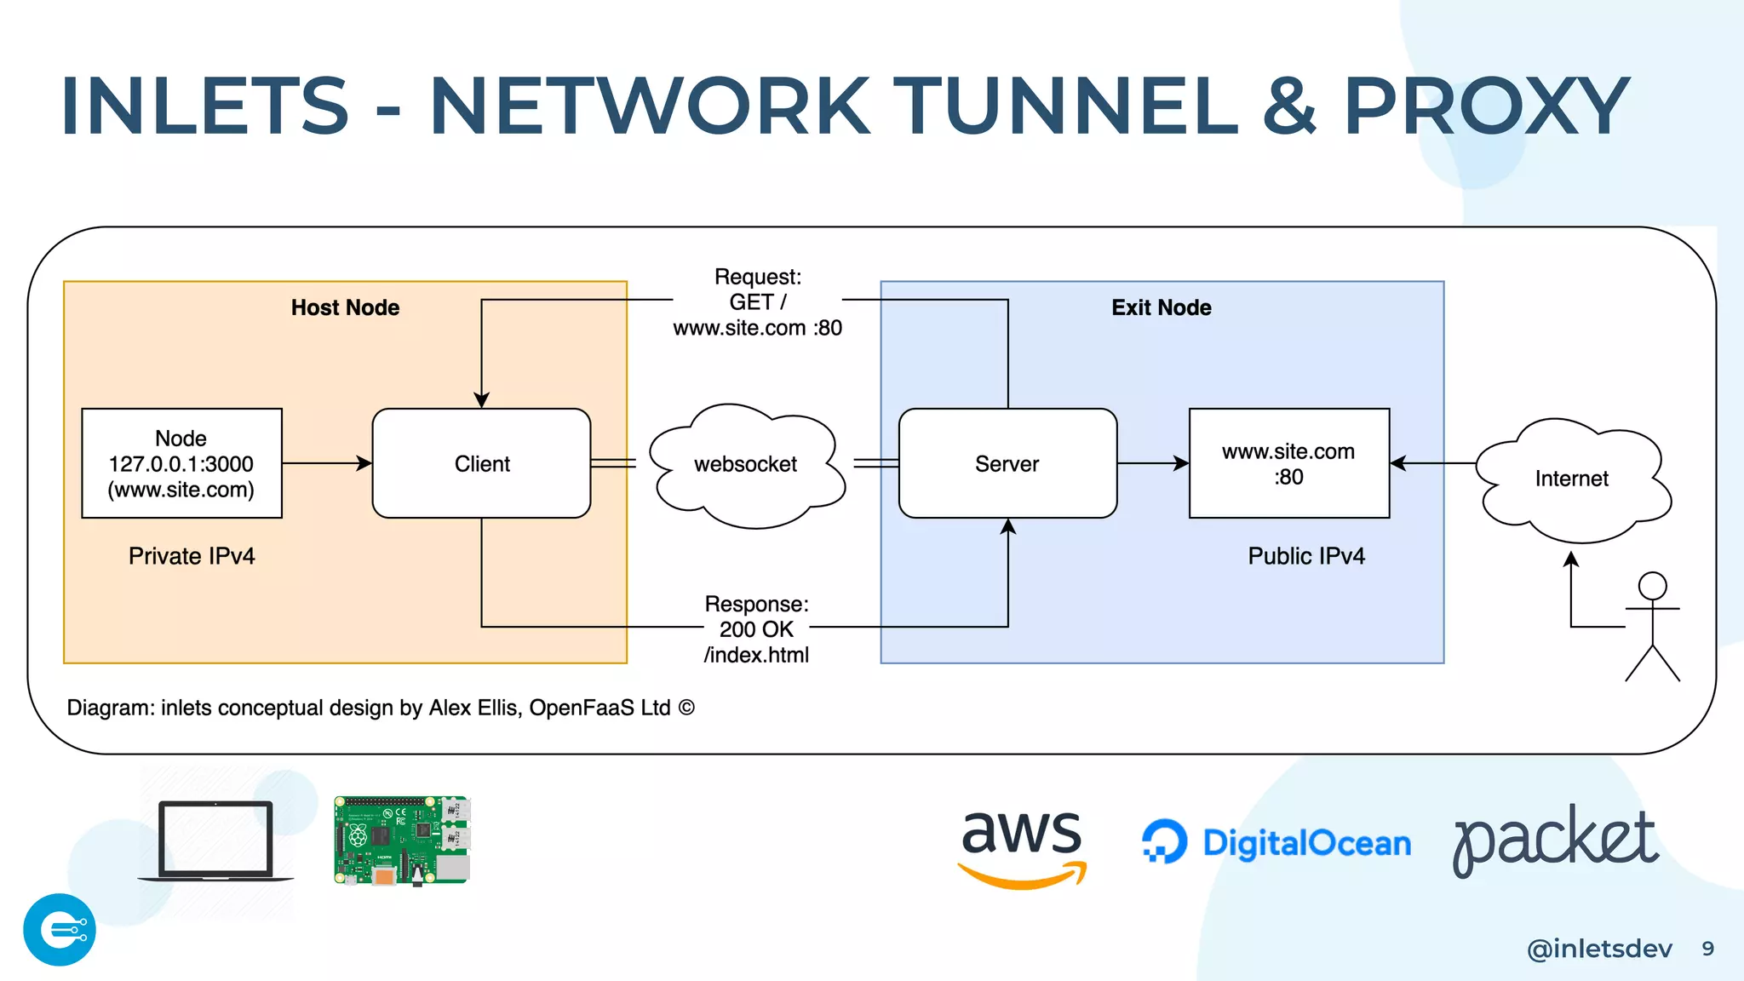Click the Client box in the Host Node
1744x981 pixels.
click(481, 463)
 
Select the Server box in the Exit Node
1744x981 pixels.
click(1007, 463)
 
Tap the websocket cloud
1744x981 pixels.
click(746, 465)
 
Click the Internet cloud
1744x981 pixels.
click(1572, 479)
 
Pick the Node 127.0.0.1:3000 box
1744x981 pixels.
click(181, 463)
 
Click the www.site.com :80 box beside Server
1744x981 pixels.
click(1288, 463)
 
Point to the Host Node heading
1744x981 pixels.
click(345, 307)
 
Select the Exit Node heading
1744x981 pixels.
click(1161, 307)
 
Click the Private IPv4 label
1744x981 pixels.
click(192, 556)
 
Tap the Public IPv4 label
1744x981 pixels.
click(1306, 556)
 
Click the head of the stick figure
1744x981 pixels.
click(1652, 586)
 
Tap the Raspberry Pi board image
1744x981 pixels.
click(402, 840)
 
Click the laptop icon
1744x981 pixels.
click(216, 840)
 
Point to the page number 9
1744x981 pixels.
click(1707, 949)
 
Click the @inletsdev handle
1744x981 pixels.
click(1599, 949)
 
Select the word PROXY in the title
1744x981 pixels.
click(1486, 106)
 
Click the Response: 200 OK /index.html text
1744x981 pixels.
click(756, 629)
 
